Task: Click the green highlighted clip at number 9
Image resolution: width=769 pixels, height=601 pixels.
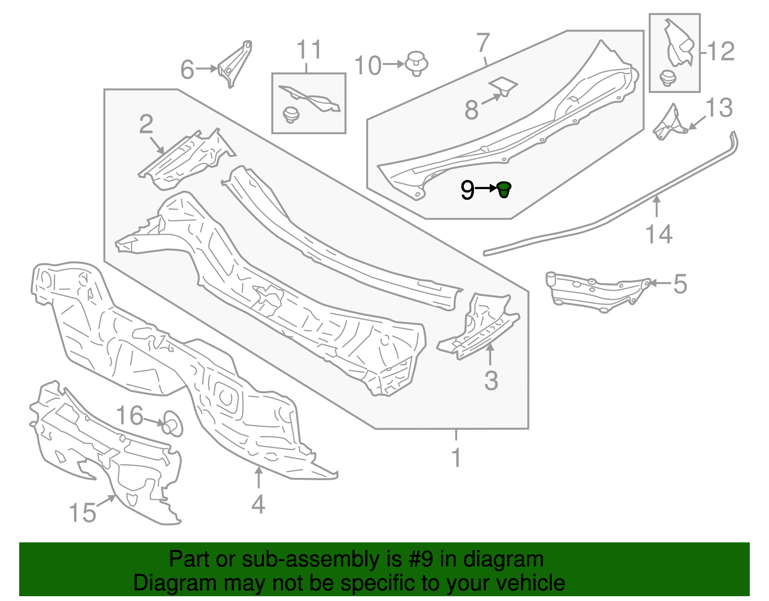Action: (504, 190)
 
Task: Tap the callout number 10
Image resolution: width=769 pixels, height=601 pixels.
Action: (368, 65)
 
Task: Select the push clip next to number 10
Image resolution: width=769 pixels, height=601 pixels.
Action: (417, 64)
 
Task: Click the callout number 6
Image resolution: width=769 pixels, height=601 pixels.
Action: (187, 69)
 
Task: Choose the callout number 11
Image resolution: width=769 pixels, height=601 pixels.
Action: (309, 50)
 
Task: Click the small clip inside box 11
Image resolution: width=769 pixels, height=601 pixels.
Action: (291, 115)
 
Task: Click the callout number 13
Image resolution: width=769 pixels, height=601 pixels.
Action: (719, 108)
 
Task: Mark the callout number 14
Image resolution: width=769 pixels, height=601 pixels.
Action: (658, 234)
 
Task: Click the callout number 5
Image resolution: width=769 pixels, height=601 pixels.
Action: (680, 284)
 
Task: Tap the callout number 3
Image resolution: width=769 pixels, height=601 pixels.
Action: (491, 381)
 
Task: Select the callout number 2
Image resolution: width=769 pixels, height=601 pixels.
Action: (146, 124)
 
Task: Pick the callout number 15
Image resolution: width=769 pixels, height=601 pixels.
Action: (83, 512)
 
